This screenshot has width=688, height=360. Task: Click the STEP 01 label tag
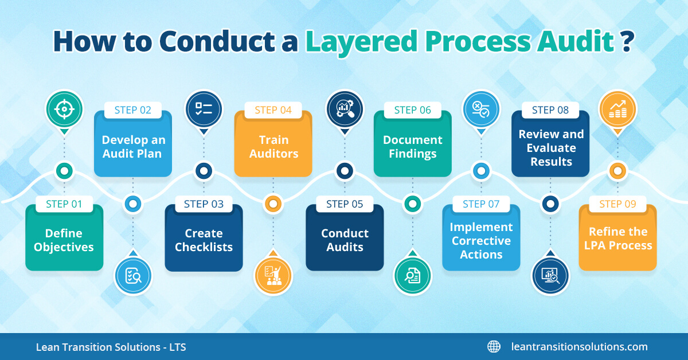64,204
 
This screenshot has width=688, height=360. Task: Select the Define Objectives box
64,240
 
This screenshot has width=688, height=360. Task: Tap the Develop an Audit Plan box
133,147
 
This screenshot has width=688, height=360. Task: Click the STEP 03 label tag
204,204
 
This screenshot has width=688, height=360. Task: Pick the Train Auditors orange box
273,147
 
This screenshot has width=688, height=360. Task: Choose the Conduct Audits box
345,240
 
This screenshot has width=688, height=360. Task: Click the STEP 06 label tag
413,110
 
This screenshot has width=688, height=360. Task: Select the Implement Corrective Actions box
481,241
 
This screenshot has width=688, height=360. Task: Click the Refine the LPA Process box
618,239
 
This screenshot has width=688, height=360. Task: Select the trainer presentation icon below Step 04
273,276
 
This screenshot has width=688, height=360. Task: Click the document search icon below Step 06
412,276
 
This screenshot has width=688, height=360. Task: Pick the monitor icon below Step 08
550,276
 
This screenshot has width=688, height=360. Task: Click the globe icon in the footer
494,346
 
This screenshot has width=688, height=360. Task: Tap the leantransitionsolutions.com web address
579,346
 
